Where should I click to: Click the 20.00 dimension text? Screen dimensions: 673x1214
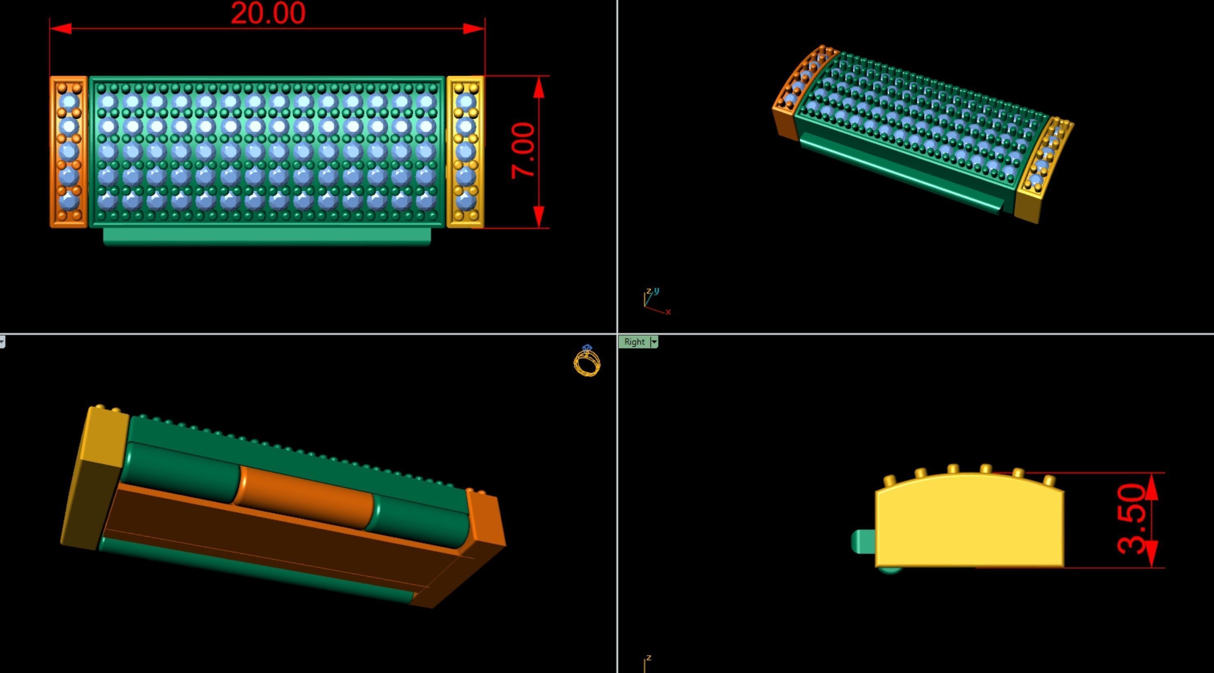point(268,13)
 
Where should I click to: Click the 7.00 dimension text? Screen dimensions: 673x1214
point(523,151)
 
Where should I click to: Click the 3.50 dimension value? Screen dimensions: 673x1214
point(1131,519)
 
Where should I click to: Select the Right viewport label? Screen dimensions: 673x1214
point(634,342)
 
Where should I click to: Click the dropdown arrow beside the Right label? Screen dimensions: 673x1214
point(654,342)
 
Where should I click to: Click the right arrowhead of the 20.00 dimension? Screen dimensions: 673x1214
point(474,29)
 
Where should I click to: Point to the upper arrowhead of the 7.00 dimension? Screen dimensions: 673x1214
point(539,88)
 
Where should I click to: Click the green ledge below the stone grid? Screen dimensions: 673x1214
point(267,236)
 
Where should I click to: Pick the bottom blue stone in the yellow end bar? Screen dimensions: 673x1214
point(465,201)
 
